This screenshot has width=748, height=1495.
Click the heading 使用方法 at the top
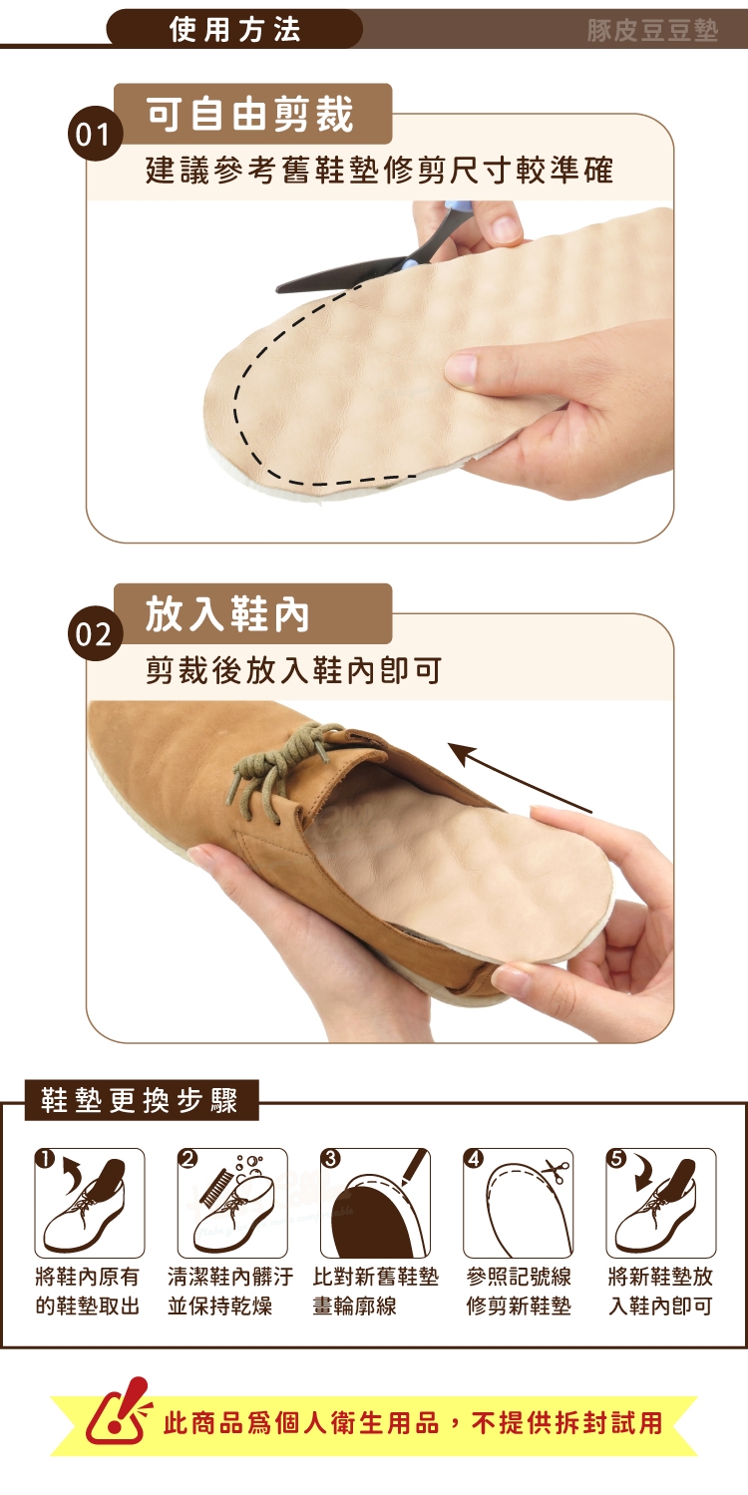tap(235, 30)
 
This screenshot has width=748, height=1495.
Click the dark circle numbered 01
tap(95, 134)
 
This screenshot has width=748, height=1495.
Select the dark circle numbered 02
tap(95, 633)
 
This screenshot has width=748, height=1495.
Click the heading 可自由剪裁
tap(249, 114)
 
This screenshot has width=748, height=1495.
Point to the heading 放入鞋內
tap(227, 614)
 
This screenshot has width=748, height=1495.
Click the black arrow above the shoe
tap(521, 778)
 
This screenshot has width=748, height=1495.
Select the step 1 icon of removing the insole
tap(90, 1203)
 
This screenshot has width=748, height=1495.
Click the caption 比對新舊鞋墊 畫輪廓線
tap(376, 1291)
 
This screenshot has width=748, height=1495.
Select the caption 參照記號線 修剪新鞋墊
tap(519, 1291)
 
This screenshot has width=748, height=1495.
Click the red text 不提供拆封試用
tap(566, 1422)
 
